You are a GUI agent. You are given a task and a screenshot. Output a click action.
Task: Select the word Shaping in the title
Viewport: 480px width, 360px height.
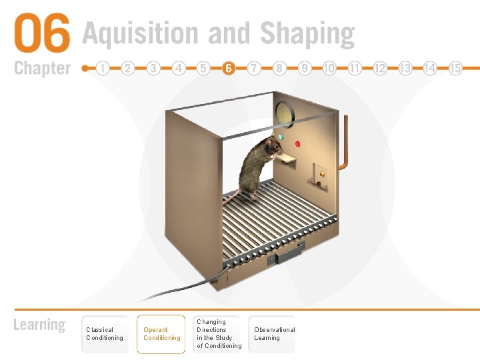click(x=307, y=33)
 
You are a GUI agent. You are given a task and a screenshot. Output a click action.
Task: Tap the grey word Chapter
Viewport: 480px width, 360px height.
click(x=42, y=68)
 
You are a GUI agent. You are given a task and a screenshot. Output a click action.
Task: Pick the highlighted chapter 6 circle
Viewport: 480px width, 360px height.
click(x=229, y=68)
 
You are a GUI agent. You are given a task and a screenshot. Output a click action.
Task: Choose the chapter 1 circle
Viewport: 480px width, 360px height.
click(x=103, y=68)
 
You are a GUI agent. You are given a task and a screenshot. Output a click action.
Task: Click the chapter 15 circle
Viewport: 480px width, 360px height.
click(x=455, y=68)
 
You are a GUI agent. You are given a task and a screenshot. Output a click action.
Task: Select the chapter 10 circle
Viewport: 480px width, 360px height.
click(x=329, y=68)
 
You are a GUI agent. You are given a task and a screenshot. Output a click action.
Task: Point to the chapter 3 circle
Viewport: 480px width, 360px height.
click(x=153, y=68)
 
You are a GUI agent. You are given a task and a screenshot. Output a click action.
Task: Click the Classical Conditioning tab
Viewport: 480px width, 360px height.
click(x=105, y=334)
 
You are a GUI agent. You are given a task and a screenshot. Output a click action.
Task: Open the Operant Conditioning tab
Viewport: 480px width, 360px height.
click(x=161, y=334)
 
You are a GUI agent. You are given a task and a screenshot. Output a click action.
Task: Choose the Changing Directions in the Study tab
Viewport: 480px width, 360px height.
click(x=219, y=334)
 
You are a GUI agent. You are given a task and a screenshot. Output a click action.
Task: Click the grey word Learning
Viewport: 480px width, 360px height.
click(x=40, y=325)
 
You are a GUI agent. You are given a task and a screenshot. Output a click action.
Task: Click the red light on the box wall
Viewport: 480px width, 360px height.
click(x=297, y=143)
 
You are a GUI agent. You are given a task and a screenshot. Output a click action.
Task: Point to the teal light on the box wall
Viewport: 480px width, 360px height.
click(x=280, y=137)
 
